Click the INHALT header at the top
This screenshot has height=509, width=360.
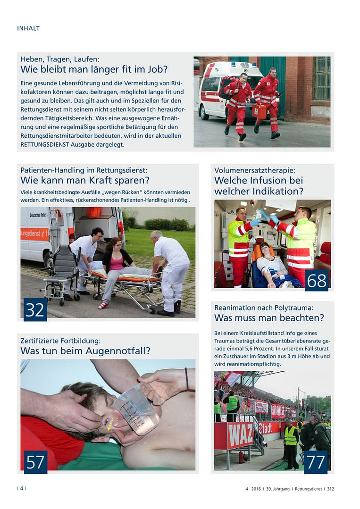click(28, 28)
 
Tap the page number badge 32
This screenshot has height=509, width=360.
click(35, 309)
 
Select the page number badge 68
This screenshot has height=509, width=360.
click(317, 280)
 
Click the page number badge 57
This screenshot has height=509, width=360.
click(35, 462)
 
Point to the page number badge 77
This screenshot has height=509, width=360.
click(316, 462)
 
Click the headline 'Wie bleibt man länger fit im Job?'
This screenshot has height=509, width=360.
click(94, 69)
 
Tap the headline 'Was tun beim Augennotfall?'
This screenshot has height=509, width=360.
click(85, 350)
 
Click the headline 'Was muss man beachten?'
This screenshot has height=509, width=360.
click(269, 318)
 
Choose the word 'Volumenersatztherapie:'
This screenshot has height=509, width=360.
click(254, 170)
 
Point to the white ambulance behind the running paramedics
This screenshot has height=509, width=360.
click(222, 87)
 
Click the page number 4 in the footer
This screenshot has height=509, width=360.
click(21, 489)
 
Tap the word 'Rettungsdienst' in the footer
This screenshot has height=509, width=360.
click(308, 489)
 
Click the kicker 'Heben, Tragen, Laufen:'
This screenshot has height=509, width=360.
click(60, 59)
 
